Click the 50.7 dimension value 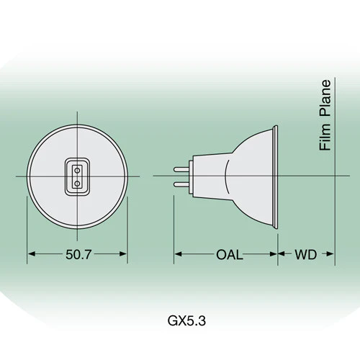[x=78, y=255]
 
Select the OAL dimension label [x=229, y=255]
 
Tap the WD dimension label [x=306, y=255]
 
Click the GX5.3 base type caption [x=186, y=320]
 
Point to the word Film [x=325, y=137]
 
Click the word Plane [x=325, y=99]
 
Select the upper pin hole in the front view [x=77, y=171]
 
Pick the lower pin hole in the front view [x=77, y=184]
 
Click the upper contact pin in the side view [x=181, y=169]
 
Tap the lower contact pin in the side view [x=181, y=184]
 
